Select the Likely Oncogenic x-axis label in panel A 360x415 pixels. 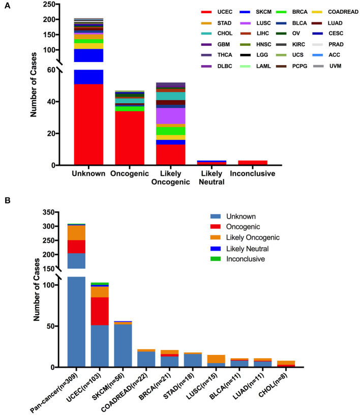tap(171, 177)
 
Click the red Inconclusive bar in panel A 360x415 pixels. tap(253, 163)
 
